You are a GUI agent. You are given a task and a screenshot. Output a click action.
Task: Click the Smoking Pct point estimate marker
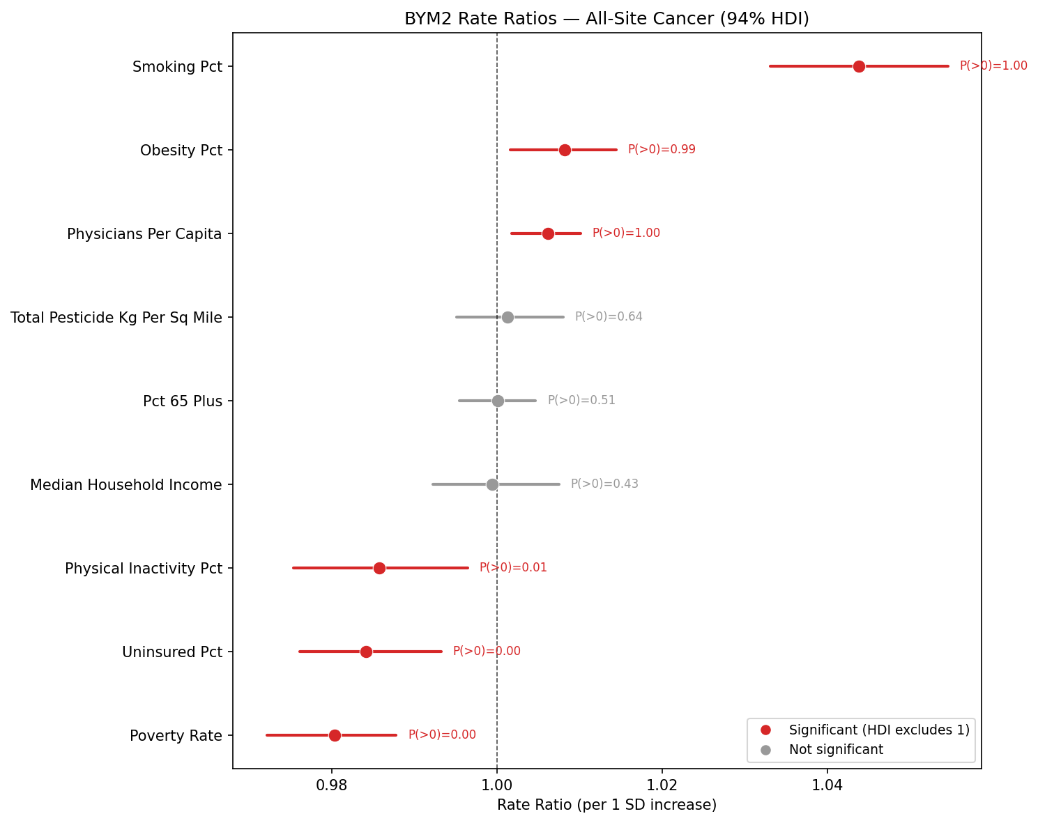859,66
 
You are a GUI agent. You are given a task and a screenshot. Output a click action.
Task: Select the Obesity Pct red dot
565,150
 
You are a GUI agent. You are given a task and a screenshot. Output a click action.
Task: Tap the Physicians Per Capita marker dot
548,233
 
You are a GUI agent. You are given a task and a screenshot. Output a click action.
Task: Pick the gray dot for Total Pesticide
507,317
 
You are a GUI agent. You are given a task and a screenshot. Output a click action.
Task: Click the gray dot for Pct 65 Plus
498,401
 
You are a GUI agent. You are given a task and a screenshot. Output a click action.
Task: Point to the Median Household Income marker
492,484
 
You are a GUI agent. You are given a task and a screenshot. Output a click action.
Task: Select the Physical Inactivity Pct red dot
379,568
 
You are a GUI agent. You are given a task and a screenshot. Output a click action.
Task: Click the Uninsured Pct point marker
366,652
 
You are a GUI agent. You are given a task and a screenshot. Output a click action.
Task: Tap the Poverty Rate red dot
335,735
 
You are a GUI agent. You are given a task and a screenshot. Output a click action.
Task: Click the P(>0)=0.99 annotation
662,150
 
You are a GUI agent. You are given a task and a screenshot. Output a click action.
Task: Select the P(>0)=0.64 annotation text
609,317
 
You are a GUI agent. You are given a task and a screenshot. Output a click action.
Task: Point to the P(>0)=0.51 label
581,401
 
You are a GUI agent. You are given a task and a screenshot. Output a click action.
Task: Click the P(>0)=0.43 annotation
604,484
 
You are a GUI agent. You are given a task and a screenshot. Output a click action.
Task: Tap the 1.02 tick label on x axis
662,785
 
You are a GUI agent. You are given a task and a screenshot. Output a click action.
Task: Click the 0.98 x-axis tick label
332,785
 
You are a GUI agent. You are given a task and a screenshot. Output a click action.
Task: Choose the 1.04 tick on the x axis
827,785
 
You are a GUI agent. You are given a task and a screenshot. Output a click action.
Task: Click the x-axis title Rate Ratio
606,806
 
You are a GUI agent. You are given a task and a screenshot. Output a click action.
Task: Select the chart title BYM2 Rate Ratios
606,19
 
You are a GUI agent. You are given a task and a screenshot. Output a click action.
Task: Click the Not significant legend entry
835,750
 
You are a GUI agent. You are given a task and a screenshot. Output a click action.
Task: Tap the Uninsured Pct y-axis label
172,652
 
